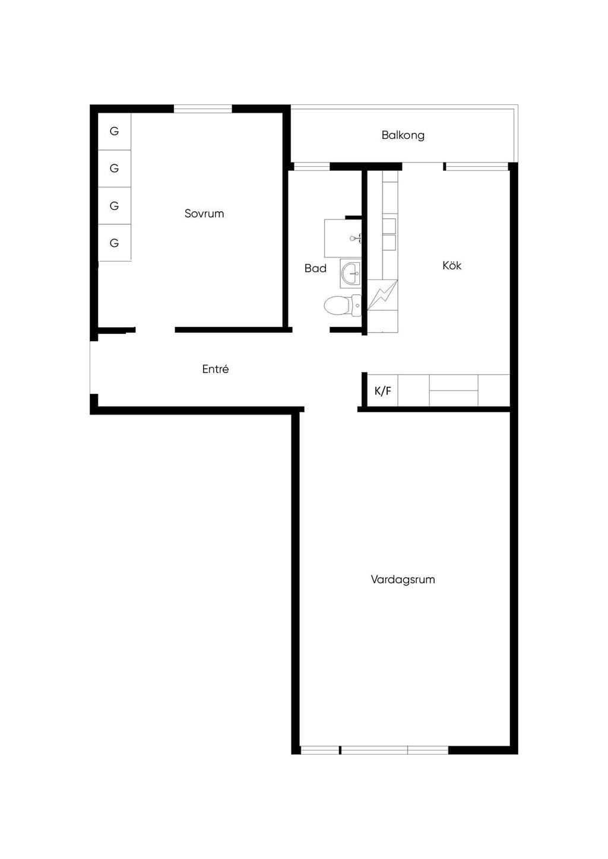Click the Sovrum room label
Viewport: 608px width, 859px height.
(x=204, y=213)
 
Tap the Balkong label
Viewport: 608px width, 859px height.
(x=403, y=135)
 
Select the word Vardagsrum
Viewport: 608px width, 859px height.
(x=403, y=579)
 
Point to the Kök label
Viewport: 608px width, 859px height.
(x=452, y=265)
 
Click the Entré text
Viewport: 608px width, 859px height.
(x=216, y=369)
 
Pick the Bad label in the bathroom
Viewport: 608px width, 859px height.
(x=315, y=268)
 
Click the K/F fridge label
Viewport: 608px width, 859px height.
(x=383, y=391)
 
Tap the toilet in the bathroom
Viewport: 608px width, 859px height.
(x=343, y=306)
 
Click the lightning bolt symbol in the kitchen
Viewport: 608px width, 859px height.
(x=383, y=295)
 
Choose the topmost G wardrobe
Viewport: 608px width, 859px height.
(x=115, y=131)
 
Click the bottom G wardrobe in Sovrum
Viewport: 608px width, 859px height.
(x=115, y=243)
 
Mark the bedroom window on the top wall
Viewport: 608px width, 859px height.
(x=203, y=109)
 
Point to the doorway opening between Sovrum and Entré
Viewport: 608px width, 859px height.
(x=156, y=330)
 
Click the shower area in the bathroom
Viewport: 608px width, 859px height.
(x=343, y=238)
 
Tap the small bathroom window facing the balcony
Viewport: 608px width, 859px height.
(x=312, y=167)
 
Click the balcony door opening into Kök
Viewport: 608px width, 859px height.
(x=423, y=167)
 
